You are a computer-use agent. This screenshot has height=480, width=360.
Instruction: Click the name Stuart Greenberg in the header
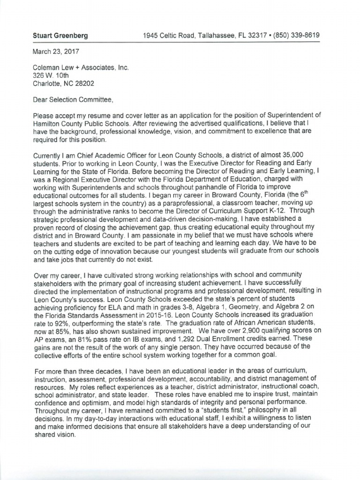(60, 36)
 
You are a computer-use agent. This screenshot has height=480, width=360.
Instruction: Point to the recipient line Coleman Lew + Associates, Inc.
(80, 67)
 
